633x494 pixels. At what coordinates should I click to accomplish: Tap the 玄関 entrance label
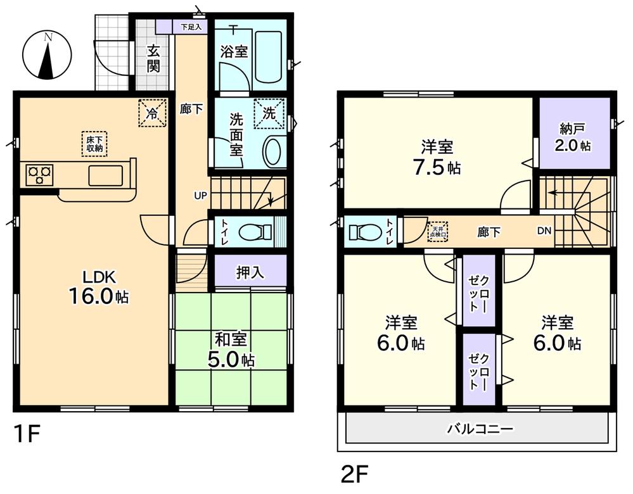point(153,59)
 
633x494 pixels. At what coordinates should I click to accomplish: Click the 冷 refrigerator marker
point(152,114)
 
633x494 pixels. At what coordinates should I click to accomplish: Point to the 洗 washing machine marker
point(269,114)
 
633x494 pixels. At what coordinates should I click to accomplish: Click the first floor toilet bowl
point(253,234)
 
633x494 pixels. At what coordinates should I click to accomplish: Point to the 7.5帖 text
point(438,168)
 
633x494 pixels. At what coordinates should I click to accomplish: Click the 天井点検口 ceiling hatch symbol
point(437,232)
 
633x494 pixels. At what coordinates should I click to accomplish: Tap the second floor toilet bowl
point(363,232)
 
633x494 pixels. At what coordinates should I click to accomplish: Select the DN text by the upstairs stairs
point(544,231)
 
